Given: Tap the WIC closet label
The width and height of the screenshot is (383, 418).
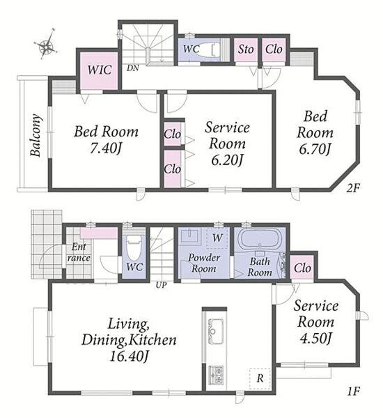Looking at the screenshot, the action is click(x=100, y=70).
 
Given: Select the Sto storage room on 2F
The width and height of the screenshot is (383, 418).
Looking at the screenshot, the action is click(x=246, y=49).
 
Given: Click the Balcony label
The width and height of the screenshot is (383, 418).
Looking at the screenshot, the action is click(x=36, y=135).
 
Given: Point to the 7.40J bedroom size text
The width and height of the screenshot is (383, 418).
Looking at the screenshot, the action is click(x=106, y=148).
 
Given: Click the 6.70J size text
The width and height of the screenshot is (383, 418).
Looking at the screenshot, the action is click(x=315, y=149).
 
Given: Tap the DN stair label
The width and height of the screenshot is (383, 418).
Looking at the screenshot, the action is click(x=133, y=68).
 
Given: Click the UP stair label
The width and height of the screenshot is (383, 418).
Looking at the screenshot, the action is click(x=161, y=285).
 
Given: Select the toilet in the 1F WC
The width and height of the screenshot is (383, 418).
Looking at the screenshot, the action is click(x=134, y=248).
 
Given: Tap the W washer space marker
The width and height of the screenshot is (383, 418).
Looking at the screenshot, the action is click(x=217, y=238).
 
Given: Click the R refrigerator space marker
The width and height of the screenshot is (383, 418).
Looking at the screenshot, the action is click(x=260, y=378).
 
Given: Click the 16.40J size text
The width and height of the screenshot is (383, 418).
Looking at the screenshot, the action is click(x=129, y=356).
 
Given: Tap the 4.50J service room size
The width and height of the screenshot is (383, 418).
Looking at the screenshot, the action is click(x=315, y=339).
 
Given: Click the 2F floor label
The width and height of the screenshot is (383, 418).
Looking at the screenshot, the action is click(x=354, y=189).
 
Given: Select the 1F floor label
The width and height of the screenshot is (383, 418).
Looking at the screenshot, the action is click(x=354, y=392).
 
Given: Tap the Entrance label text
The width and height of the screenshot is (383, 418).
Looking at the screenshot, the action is click(x=79, y=252).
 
